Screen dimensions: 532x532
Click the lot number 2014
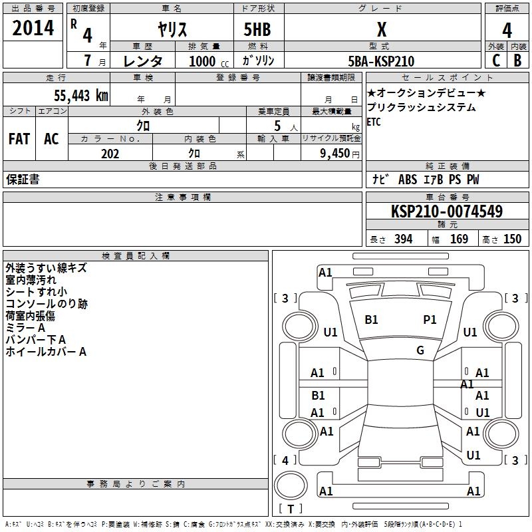pyautogui.click(x=33, y=28)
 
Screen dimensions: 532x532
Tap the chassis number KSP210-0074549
pyautogui.click(x=446, y=211)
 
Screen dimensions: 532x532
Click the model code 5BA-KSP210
pyautogui.click(x=381, y=61)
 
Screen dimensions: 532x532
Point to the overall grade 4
pyautogui.click(x=507, y=30)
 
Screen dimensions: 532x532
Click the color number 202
pyautogui.click(x=110, y=154)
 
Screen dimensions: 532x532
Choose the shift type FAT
pyautogui.click(x=19, y=138)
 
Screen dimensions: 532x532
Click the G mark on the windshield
pyautogui.click(x=420, y=350)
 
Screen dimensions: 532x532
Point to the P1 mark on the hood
pyautogui.click(x=430, y=320)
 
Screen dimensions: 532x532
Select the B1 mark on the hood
pyautogui.click(x=371, y=320)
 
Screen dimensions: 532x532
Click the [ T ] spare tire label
pyautogui.click(x=290, y=509)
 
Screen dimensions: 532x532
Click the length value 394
pyautogui.click(x=402, y=239)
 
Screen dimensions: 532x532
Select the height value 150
pyautogui.click(x=512, y=239)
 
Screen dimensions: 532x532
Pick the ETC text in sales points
pyautogui.click(x=374, y=122)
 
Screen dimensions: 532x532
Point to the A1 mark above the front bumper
pyautogui.click(x=325, y=272)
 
